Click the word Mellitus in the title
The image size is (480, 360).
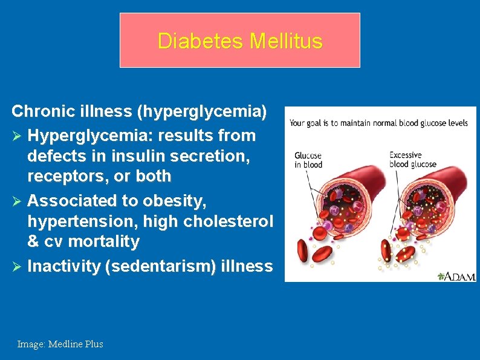(286, 41)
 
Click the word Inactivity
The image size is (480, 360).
(64, 266)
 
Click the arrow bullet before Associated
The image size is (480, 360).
(18, 200)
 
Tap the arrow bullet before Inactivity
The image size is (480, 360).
(18, 266)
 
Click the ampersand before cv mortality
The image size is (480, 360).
(33, 242)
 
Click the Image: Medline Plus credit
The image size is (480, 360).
(60, 344)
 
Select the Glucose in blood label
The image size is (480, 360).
(308, 160)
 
